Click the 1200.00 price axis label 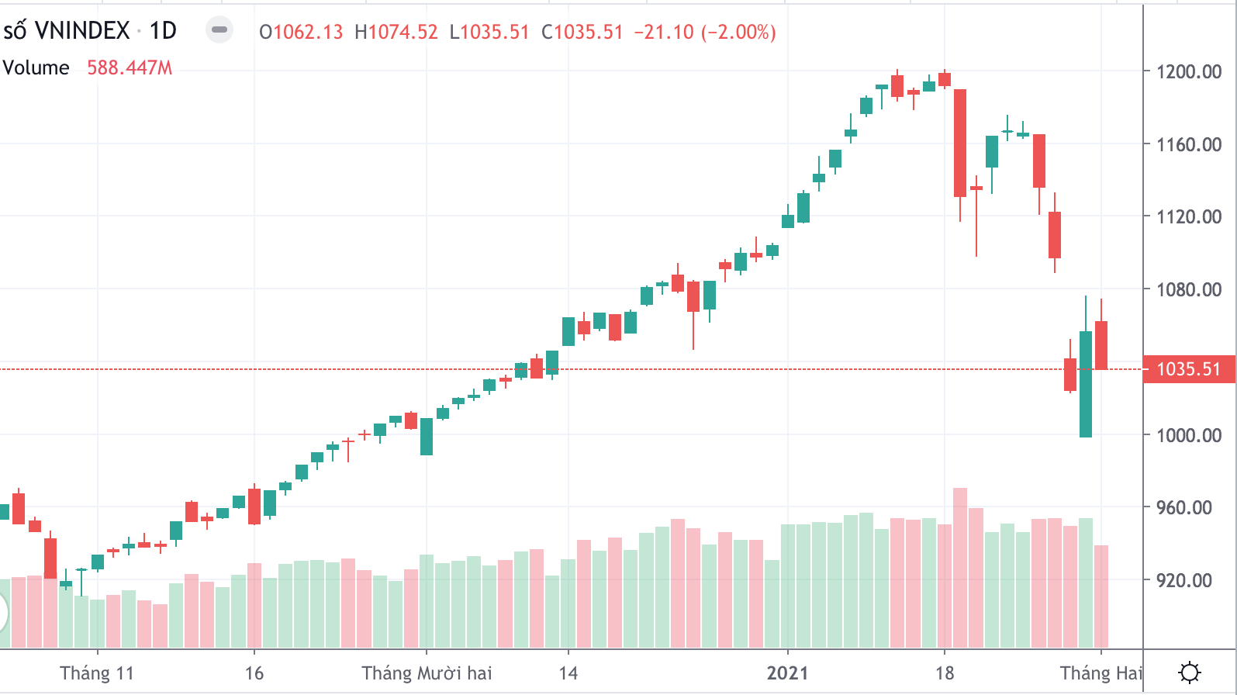tap(1188, 72)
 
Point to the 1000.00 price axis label tap(1188, 435)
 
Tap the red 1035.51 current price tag tap(1188, 369)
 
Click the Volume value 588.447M tap(130, 68)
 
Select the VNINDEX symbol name tap(82, 31)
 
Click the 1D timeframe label tap(163, 31)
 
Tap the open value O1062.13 tap(301, 33)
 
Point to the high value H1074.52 tap(396, 33)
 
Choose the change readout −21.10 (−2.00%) tap(704, 33)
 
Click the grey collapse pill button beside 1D tap(219, 30)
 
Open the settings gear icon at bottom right tap(1189, 672)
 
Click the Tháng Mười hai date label tap(427, 673)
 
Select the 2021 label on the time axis tap(787, 673)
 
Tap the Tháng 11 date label tap(97, 673)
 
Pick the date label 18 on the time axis tap(944, 673)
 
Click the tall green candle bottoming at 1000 tap(1086, 384)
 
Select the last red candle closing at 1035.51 tap(1101, 345)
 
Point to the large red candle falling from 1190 tap(960, 143)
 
